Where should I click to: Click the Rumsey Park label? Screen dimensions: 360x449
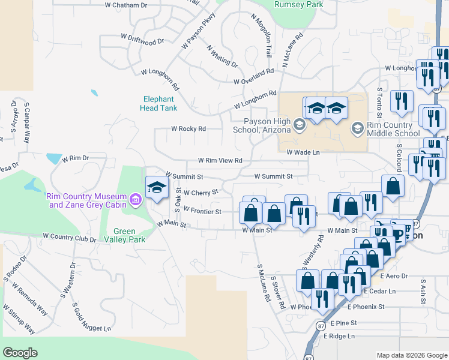click(298, 4)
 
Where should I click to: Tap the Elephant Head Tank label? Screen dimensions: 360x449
click(158, 104)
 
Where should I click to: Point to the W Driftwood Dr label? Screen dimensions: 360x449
click(142, 41)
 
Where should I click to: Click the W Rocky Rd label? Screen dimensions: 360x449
click(188, 128)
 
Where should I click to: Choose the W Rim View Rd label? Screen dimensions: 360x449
click(220, 161)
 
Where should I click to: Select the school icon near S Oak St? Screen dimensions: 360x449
click(157, 187)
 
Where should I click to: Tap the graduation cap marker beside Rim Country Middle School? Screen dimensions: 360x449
click(358, 128)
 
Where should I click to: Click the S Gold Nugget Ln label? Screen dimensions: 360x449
click(91, 317)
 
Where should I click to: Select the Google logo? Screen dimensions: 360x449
click(20, 353)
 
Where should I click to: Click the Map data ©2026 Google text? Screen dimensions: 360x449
click(412, 355)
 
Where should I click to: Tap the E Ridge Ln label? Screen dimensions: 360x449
click(340, 336)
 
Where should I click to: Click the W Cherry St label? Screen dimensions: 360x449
click(200, 193)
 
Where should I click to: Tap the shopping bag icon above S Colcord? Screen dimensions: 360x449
click(393, 187)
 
